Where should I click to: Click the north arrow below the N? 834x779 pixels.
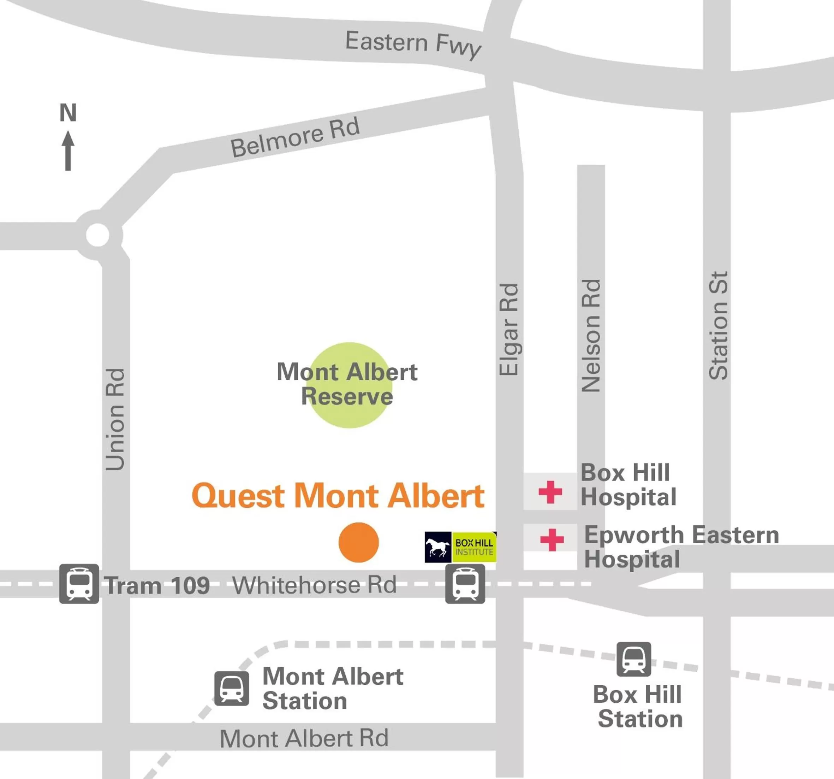(68, 151)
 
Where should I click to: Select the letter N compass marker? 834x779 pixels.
(68, 112)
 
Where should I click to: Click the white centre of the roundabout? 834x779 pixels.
(98, 235)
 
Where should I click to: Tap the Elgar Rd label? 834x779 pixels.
(509, 330)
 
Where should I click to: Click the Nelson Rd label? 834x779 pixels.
(591, 336)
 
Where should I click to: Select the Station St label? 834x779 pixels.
(718, 326)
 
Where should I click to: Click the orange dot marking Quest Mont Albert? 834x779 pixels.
(359, 542)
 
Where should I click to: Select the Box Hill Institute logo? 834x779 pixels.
(461, 547)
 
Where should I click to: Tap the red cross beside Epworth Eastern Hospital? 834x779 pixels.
(552, 539)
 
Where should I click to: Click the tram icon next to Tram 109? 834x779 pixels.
(79, 584)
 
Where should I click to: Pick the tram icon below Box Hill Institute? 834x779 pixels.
(465, 584)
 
